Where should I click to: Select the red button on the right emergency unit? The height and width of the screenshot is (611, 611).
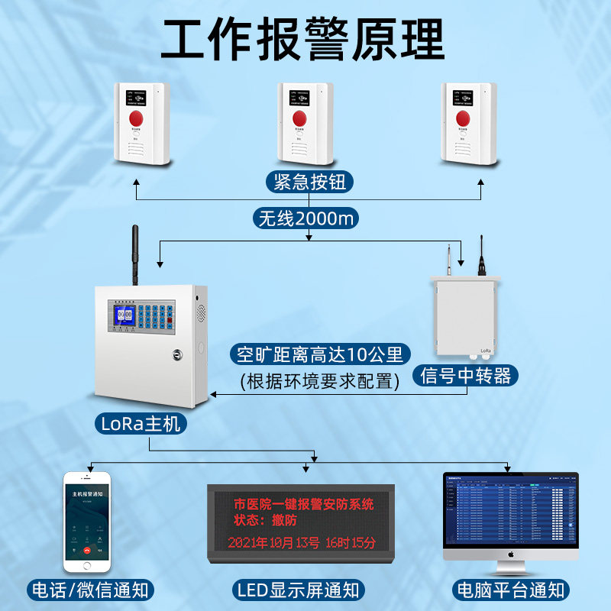[x=463, y=118]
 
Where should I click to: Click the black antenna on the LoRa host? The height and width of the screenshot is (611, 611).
[x=135, y=253]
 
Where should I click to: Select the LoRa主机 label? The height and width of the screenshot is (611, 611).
[x=142, y=422]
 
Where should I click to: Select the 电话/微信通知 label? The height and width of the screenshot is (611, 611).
[x=90, y=590]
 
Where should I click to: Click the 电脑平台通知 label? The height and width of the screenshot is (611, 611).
[x=510, y=590]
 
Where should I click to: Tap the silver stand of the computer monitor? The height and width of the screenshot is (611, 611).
[x=511, y=566]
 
